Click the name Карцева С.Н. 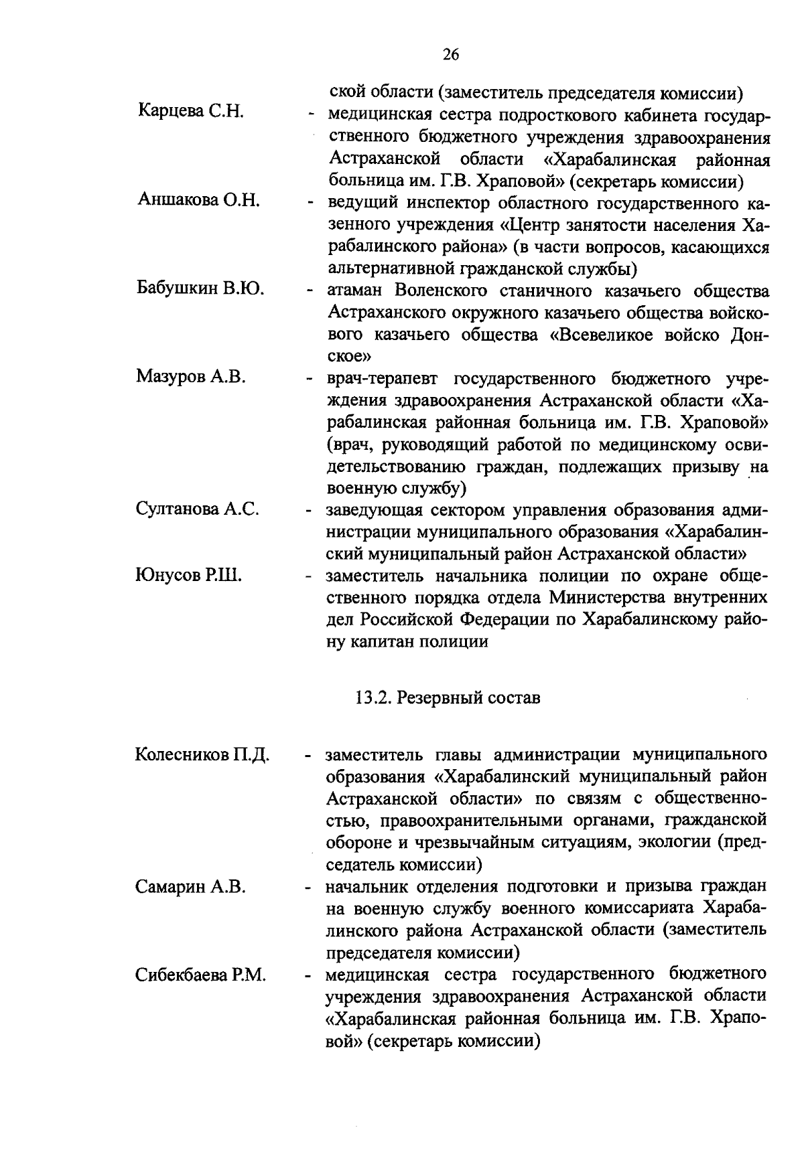point(190,111)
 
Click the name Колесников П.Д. point(202,754)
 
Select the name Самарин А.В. point(191,887)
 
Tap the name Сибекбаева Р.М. point(201,975)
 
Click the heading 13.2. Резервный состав point(447,698)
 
